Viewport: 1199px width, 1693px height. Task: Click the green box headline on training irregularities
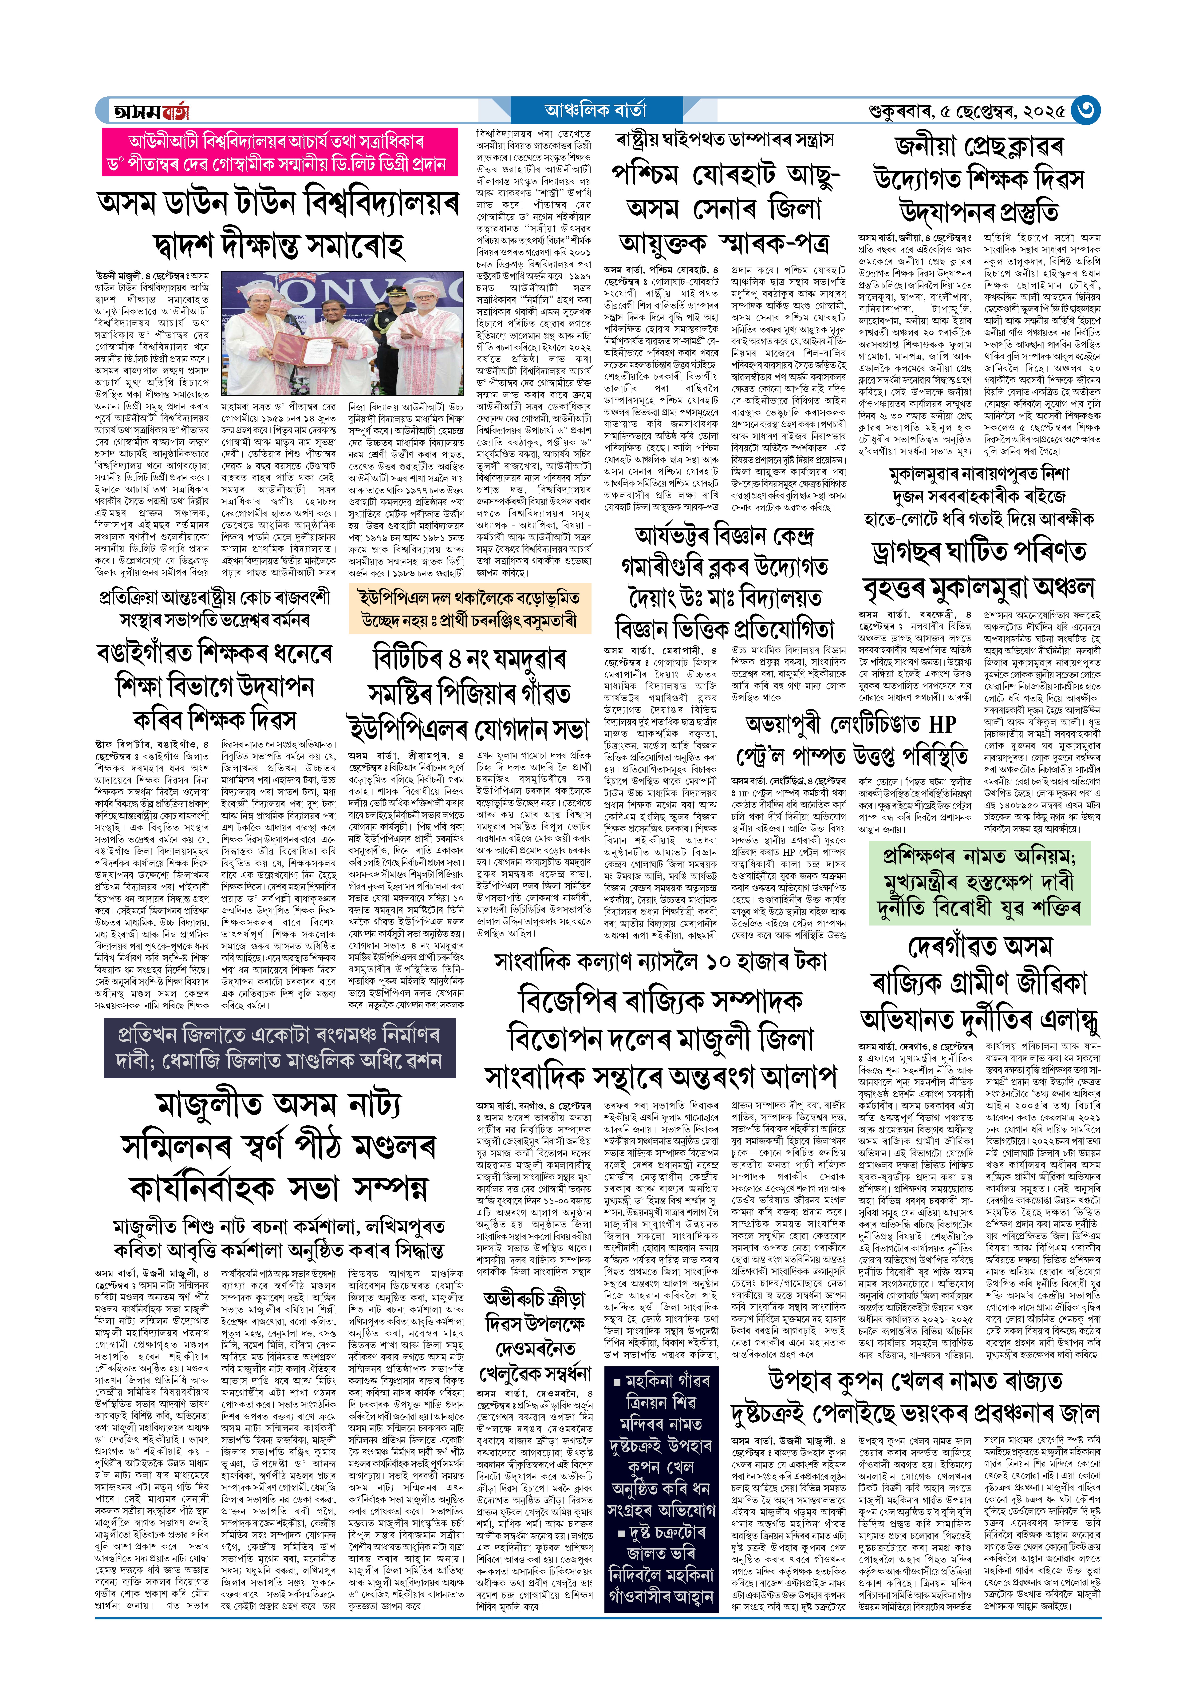point(979,882)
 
